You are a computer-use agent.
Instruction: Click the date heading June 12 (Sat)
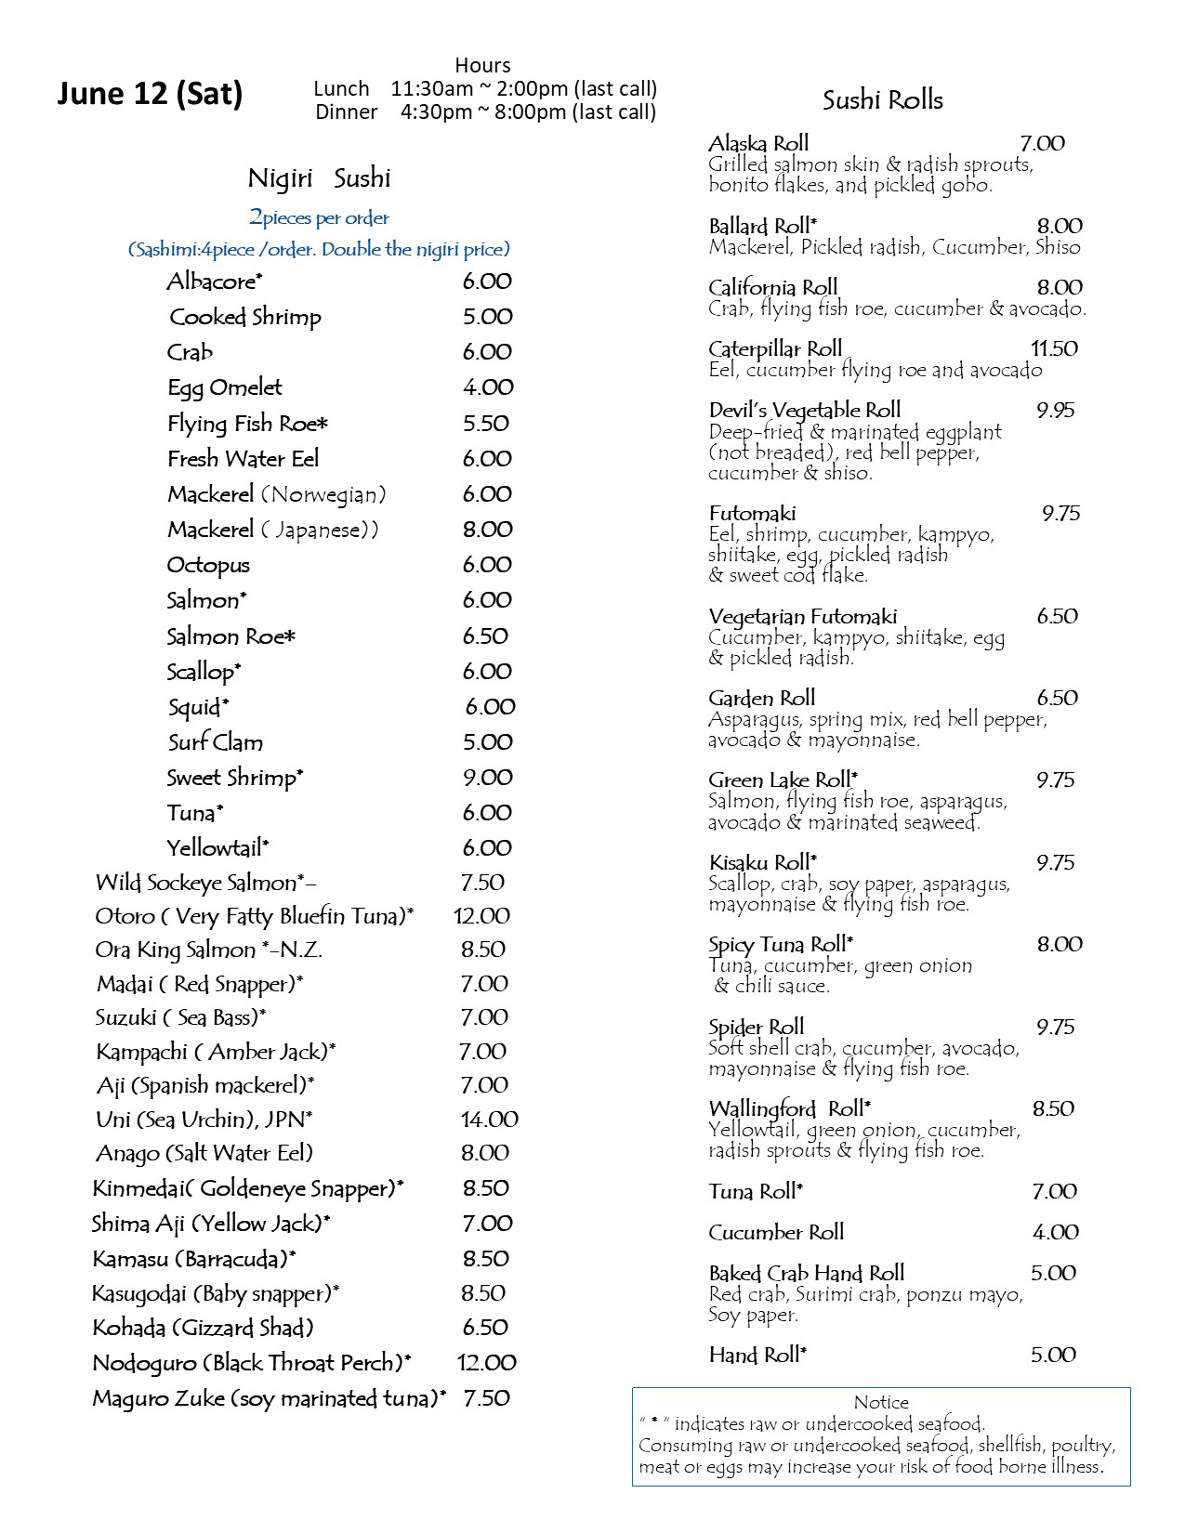pos(150,94)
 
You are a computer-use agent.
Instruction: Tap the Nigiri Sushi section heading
pos(319,178)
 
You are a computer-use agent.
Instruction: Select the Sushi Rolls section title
pos(882,100)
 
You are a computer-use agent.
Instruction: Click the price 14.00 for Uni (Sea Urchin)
pos(489,1120)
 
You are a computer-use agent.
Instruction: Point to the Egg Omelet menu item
pos(225,387)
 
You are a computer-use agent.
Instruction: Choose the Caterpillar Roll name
pos(775,349)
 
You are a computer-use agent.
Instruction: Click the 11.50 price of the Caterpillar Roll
pos(1054,349)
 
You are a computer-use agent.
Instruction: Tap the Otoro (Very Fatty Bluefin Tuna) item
pos(254,916)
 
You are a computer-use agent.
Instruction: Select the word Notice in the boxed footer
pos(881,1402)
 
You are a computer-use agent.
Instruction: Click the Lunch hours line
pos(485,89)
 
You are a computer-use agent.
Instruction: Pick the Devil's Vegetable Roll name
pos(805,411)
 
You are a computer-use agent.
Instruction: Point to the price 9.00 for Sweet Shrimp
pos(488,778)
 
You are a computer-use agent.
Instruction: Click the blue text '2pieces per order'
pos(319,218)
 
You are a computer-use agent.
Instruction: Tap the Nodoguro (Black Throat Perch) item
pos(252,1363)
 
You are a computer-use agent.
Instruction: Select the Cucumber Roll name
pos(776,1233)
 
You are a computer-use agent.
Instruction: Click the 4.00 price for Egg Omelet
pos(488,387)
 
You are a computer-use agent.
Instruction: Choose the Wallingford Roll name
pos(790,1109)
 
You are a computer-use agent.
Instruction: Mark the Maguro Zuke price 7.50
pos(487,1398)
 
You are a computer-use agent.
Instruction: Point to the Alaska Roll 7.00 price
pos(1042,144)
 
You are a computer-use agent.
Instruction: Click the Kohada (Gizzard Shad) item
pos(203,1328)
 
